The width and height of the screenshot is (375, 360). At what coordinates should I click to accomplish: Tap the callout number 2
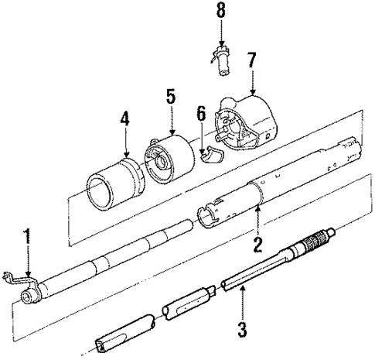click(258, 244)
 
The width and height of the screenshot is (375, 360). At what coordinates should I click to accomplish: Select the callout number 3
click(242, 329)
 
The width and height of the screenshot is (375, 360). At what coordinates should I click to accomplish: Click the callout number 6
click(202, 114)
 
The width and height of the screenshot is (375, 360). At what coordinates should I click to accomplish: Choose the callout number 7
click(251, 60)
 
